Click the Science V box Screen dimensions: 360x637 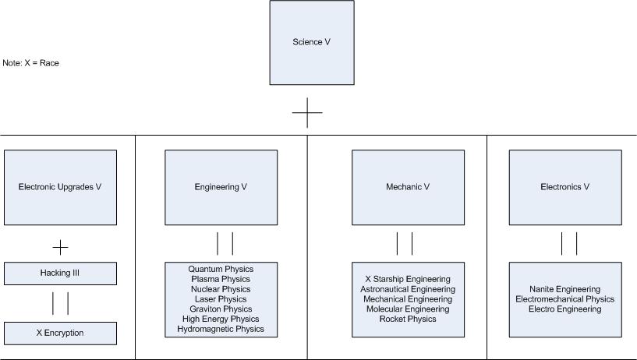[x=311, y=42]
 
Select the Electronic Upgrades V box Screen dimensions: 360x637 [x=60, y=187]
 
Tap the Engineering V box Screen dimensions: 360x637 [x=221, y=187]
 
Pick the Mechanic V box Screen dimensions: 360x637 [x=408, y=187]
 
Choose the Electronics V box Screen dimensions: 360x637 [x=565, y=187]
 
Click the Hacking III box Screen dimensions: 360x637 [x=60, y=274]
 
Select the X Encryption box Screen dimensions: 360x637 [x=60, y=333]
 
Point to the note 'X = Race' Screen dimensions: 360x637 [x=31, y=63]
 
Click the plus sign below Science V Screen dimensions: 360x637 [x=307, y=113]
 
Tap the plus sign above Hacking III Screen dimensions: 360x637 [x=60, y=248]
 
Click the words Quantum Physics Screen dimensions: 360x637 [x=221, y=270]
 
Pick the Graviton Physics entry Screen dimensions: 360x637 [x=221, y=309]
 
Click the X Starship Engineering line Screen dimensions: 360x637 [x=408, y=279]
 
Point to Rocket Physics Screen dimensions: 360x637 [x=408, y=319]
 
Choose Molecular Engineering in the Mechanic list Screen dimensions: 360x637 [x=408, y=309]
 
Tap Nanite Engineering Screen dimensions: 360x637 [x=565, y=289]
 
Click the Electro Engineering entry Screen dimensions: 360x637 [x=565, y=309]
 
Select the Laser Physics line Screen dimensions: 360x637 [x=221, y=299]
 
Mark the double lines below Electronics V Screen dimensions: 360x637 [x=569, y=243]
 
